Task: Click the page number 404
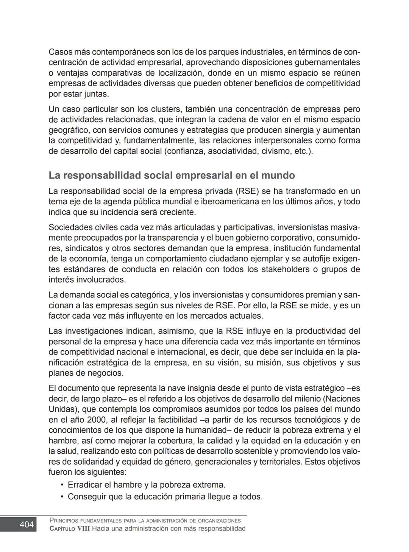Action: coord(26,524)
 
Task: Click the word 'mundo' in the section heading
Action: coord(278,176)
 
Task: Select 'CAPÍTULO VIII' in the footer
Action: coord(70,529)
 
